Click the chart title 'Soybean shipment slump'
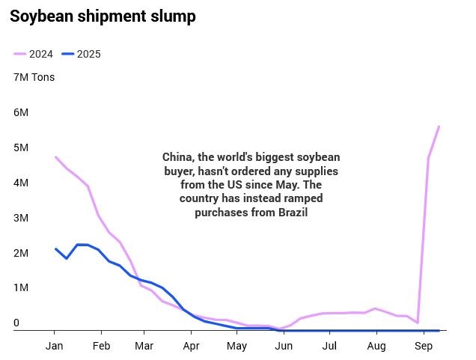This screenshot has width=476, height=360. (x=103, y=17)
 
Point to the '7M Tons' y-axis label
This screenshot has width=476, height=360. (x=34, y=77)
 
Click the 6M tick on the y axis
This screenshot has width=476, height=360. (x=21, y=112)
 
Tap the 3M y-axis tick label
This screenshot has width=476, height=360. (x=21, y=218)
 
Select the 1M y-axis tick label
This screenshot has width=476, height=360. (x=21, y=288)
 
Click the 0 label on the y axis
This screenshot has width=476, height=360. (x=16, y=323)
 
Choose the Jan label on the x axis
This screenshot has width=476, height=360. (x=54, y=347)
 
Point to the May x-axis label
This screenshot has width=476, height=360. (x=237, y=347)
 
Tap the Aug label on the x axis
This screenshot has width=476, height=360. (x=376, y=347)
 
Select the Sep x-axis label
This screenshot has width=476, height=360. (x=424, y=347)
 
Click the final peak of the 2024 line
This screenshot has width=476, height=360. (x=439, y=126)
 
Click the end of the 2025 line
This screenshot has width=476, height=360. (x=439, y=329)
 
